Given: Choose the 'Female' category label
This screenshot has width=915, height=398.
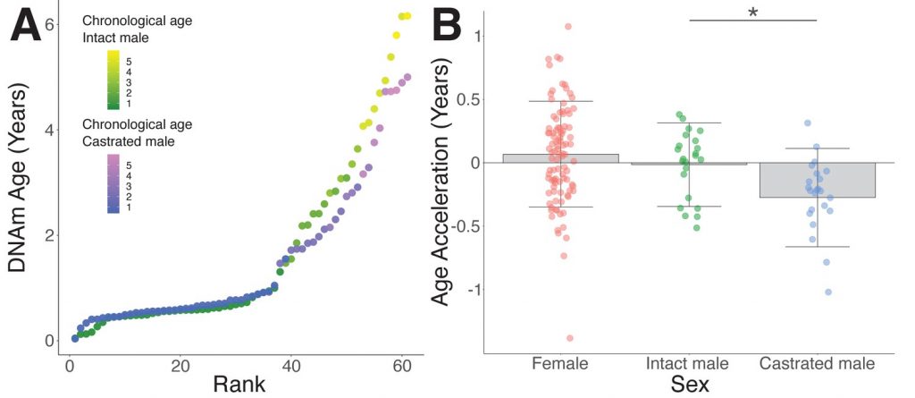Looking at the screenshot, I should coord(561,364).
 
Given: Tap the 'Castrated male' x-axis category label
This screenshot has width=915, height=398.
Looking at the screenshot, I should coord(817,364).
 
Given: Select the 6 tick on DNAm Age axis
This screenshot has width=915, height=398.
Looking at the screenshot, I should coord(50,24).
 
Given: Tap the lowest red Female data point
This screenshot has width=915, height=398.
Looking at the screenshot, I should coord(569,338).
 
